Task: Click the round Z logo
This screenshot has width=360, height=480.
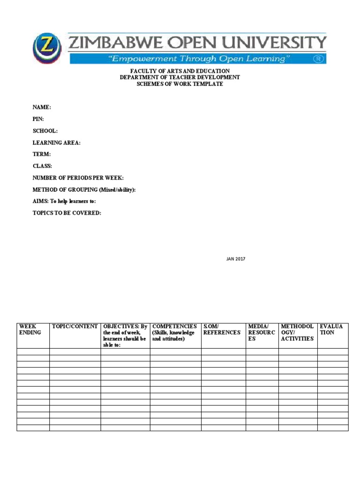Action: click(x=47, y=48)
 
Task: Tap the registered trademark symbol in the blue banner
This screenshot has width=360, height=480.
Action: click(x=319, y=59)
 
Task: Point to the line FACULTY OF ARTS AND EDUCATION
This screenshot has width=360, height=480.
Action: click(x=180, y=71)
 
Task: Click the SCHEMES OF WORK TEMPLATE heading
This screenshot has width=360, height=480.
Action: click(x=180, y=84)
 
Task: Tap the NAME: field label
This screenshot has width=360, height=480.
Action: click(x=42, y=107)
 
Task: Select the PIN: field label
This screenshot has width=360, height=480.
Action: click(x=38, y=119)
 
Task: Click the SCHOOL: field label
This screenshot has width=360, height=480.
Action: click(x=45, y=131)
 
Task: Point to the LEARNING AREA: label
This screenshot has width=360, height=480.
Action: click(x=56, y=142)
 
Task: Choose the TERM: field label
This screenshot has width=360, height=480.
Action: click(x=41, y=154)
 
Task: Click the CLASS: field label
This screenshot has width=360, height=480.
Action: click(x=42, y=166)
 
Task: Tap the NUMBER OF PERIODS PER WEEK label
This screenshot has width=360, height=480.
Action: click(x=78, y=178)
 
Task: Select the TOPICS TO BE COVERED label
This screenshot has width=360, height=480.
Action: click(x=67, y=213)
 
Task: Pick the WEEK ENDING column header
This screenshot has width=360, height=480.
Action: click(x=30, y=329)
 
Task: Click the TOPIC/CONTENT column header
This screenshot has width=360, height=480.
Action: click(x=75, y=326)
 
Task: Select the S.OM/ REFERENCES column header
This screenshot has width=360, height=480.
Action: click(x=222, y=329)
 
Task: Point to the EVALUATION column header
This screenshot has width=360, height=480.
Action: click(x=331, y=329)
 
